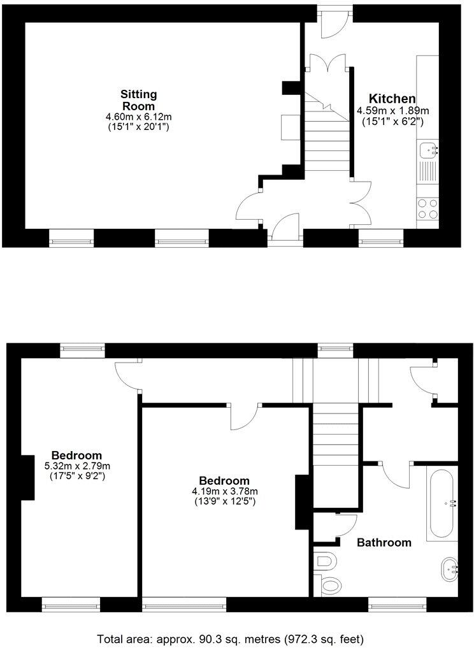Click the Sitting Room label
point(138,100)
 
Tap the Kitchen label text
point(392,99)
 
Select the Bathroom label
point(384,543)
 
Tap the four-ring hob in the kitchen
point(427,208)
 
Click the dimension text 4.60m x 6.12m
point(138,117)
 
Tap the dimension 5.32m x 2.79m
point(76,466)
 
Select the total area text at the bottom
point(230,638)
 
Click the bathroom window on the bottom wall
point(397,600)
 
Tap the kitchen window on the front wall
point(380,240)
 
